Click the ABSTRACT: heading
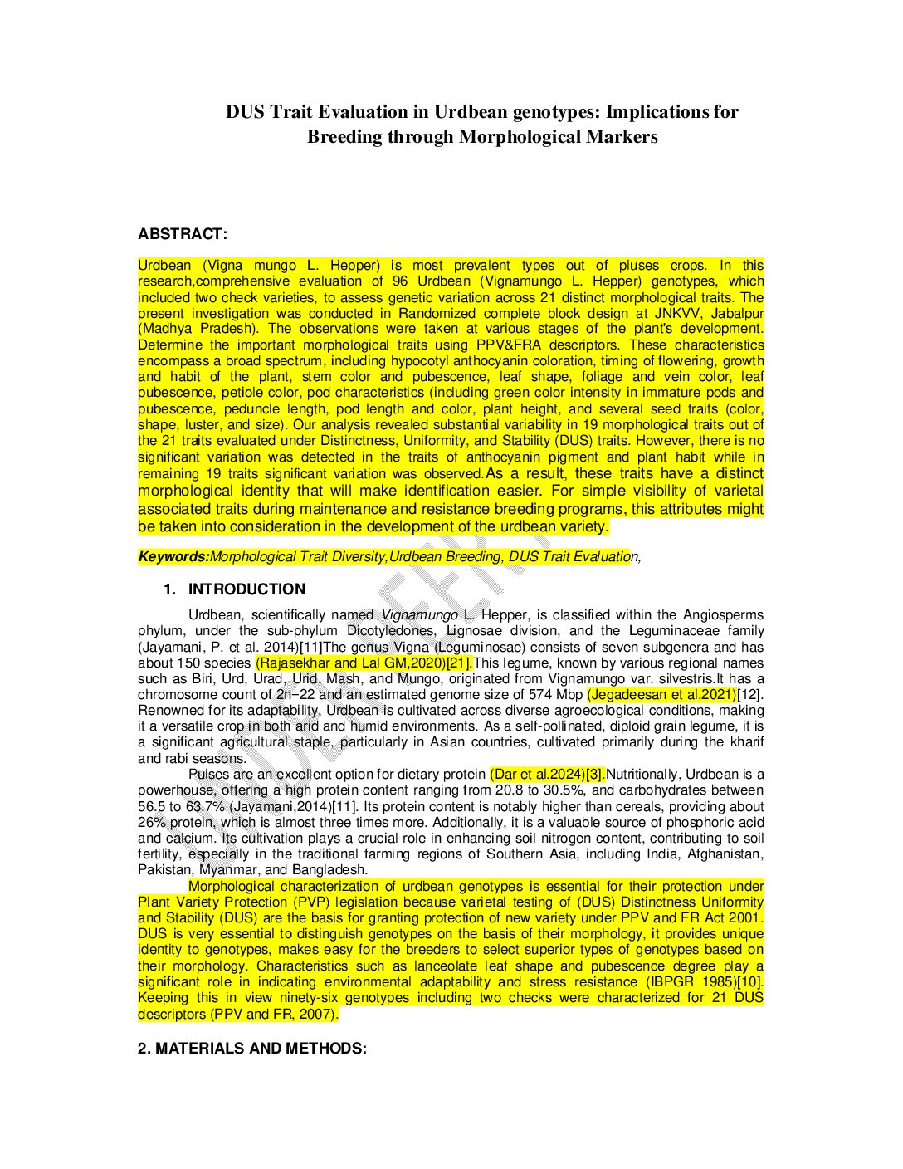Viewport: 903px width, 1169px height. coord(182,234)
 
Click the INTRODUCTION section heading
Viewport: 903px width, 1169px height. coord(246,589)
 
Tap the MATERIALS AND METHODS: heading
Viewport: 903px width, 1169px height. coord(252,1049)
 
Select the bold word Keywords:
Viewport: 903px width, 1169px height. coord(173,557)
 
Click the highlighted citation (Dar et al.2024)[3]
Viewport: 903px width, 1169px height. coord(548,775)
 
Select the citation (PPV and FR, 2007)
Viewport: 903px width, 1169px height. coord(274,1014)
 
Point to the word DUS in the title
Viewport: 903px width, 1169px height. coord(246,112)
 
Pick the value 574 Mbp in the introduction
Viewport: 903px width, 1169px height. coord(555,694)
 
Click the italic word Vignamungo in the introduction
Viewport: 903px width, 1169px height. coord(420,614)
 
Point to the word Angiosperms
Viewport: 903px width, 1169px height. coord(723,614)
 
